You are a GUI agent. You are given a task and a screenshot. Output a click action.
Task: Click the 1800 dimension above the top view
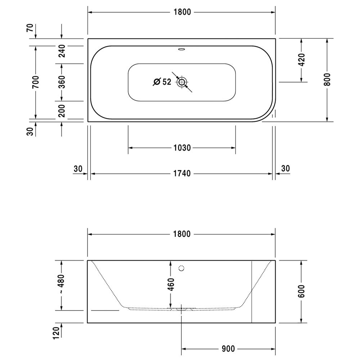pos(182,12)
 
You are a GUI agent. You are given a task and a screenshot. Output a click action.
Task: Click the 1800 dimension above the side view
pos(182,234)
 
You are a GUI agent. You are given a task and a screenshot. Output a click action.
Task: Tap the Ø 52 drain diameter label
pos(162,82)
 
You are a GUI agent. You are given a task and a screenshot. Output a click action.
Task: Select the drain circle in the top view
pos(182,82)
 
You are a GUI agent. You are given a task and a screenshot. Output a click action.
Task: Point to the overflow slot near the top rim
pos(182,49)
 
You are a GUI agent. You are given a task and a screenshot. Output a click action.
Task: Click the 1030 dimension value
pos(182,148)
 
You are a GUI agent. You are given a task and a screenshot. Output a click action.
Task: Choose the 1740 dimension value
pos(182,174)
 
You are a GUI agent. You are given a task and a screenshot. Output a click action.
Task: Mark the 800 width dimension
pos(327,80)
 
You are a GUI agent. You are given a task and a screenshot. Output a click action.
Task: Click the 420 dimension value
pos(302,60)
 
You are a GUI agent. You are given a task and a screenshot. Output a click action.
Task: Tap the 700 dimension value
pos(36,82)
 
